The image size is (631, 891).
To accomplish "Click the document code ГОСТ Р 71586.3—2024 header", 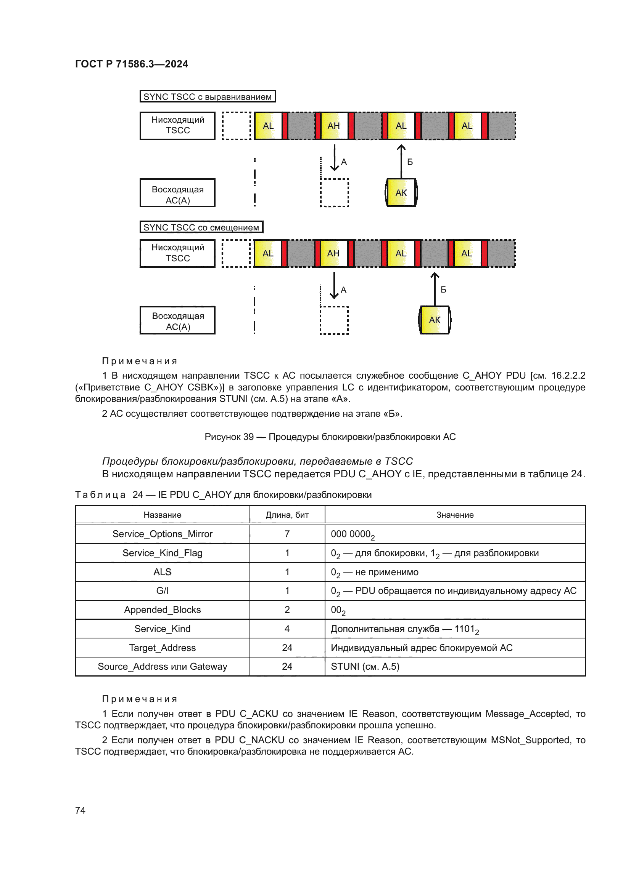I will pyautogui.click(x=131, y=64).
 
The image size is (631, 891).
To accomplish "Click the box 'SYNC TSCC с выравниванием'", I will pyautogui.click(x=208, y=97).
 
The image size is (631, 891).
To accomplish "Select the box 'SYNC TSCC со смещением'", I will pyautogui.click(x=201, y=227).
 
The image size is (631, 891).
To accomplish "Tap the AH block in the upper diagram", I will pyautogui.click(x=334, y=126).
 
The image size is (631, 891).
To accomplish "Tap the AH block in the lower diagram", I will pyautogui.click(x=333, y=253).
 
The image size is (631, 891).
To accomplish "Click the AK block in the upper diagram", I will pyautogui.click(x=401, y=192).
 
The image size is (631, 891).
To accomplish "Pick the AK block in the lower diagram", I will pyautogui.click(x=435, y=320).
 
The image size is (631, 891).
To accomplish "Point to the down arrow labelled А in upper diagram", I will pyautogui.click(x=334, y=158).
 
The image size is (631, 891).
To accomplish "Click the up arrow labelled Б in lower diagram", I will pyautogui.click(x=435, y=289).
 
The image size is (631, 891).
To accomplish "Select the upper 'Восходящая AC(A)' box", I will pyautogui.click(x=177, y=193).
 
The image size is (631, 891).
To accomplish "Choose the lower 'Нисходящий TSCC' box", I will pyautogui.click(x=177, y=253).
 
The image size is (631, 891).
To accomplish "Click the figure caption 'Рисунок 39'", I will pyautogui.click(x=330, y=437).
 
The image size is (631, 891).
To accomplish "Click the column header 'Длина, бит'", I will pyautogui.click(x=287, y=515).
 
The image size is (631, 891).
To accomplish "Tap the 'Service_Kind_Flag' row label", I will pyautogui.click(x=163, y=553).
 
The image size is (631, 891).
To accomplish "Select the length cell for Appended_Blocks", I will pyautogui.click(x=287, y=609).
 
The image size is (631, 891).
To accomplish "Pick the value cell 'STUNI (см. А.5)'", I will pyautogui.click(x=365, y=667).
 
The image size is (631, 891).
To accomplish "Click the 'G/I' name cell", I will pyautogui.click(x=163, y=591).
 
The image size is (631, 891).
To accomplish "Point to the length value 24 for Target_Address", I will pyautogui.click(x=287, y=648).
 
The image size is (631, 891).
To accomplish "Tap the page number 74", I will pyautogui.click(x=80, y=810).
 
